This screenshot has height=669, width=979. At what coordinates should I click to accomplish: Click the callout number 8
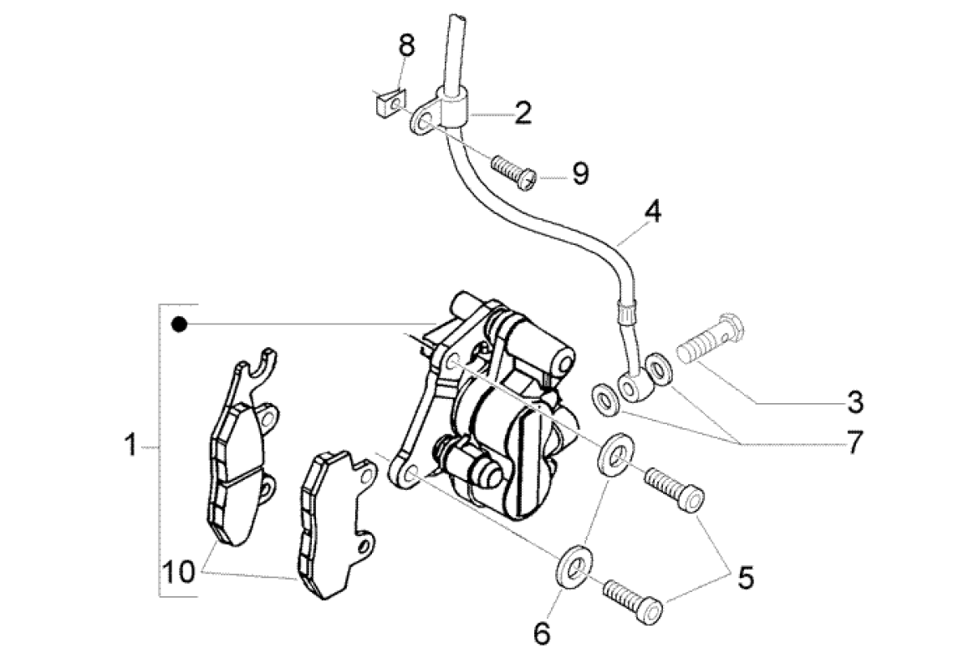coord(405,47)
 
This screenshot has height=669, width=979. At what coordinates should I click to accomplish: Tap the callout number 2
coord(523,112)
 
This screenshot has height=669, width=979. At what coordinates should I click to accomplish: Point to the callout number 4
coord(652,212)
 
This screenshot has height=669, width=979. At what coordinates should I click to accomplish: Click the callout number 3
coord(853,402)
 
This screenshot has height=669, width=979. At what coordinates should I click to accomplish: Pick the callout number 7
coord(853,444)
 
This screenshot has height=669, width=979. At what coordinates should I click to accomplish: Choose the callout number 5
coord(744,576)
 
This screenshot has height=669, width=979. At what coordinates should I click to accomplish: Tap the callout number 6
coord(543,635)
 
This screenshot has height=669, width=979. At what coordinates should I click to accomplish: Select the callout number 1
coord(130,446)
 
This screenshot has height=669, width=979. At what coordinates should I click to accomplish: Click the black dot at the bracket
coord(177,324)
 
